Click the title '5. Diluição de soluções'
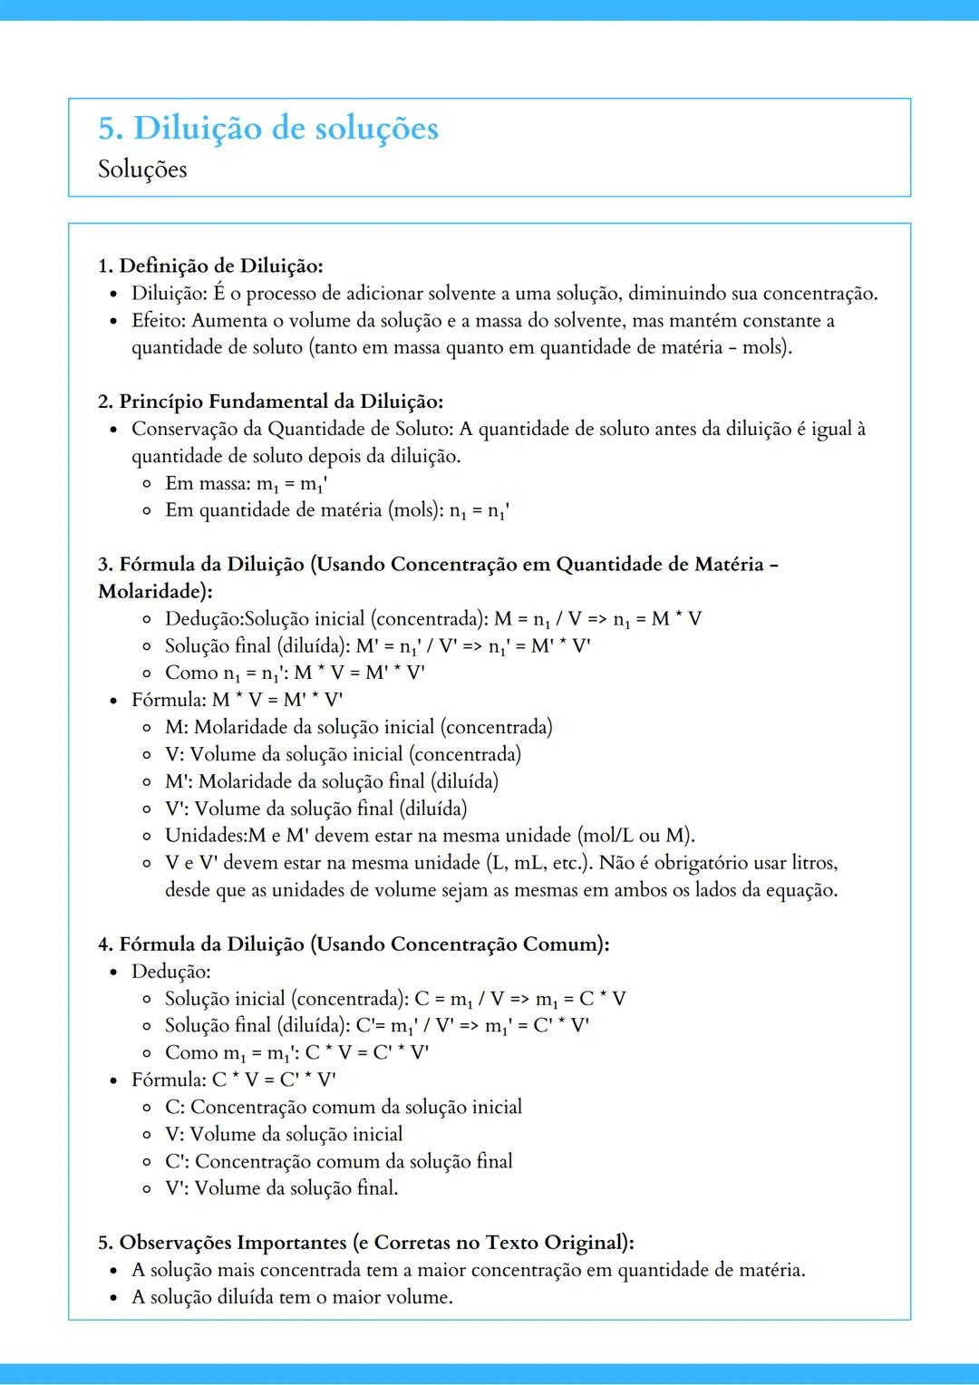[x=268, y=129]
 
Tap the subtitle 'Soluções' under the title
[x=142, y=169]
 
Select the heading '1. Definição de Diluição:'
[x=210, y=266]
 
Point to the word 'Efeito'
[x=157, y=320]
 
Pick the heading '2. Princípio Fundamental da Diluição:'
[x=270, y=402]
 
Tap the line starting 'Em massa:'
[x=246, y=483]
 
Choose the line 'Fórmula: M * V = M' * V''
[x=237, y=700]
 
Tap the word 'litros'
[x=813, y=862]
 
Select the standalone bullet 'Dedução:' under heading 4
[x=171, y=971]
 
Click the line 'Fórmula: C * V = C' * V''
[x=233, y=1080]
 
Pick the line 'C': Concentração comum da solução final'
[x=338, y=1161]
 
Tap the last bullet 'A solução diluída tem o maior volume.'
[x=292, y=1297]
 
